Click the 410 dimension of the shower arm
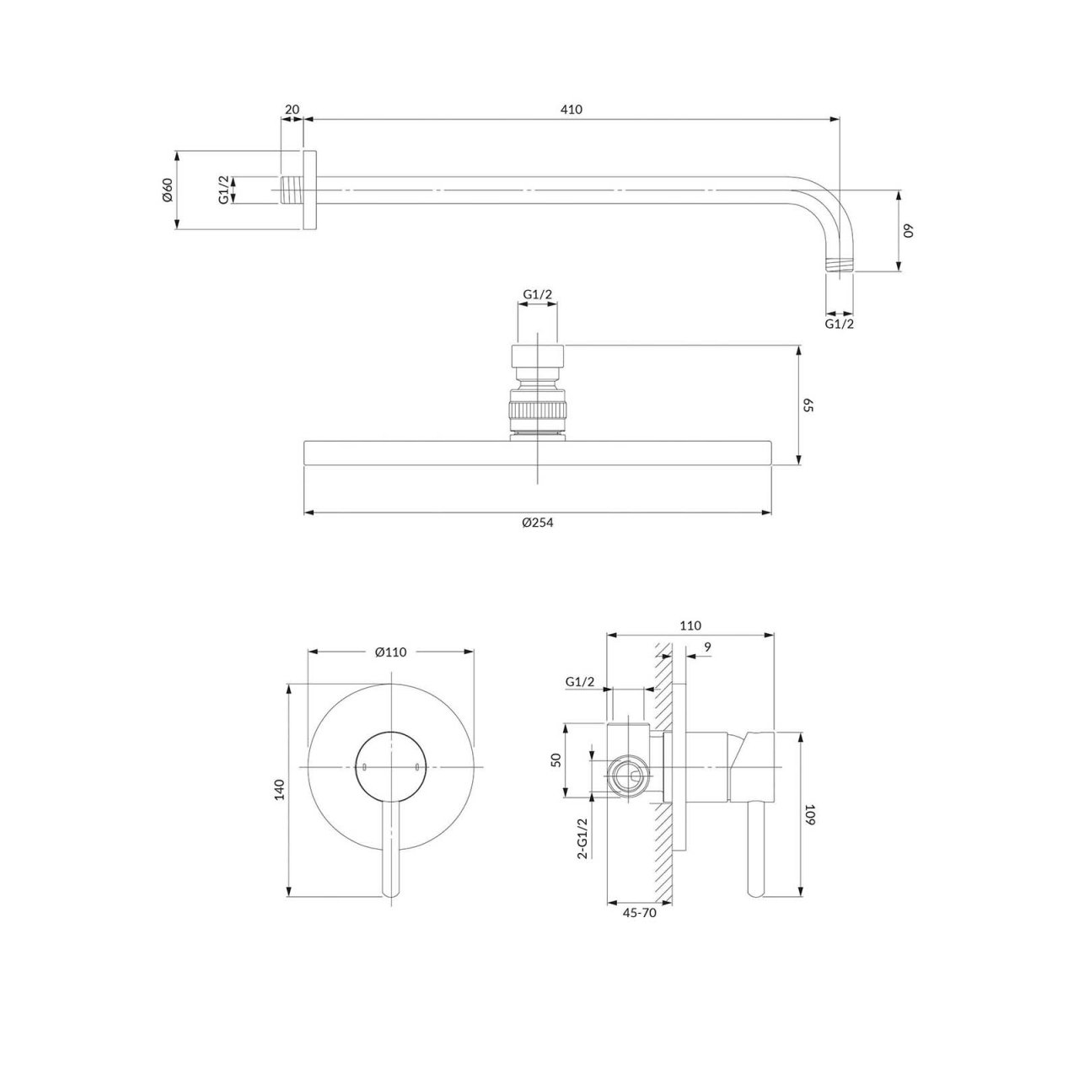pos(572,110)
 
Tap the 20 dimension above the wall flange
pos(292,110)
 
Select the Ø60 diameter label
pos(168,190)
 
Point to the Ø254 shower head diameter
pos(537,523)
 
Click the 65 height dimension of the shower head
pos(808,406)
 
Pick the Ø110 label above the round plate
pos(391,652)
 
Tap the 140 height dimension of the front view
pos(280,790)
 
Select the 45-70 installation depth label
pos(640,913)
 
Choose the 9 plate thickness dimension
pos(707,647)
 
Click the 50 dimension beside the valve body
pos(556,760)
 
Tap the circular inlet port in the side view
pos(630,776)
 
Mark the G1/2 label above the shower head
pos(538,294)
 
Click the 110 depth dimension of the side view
pos(690,625)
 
